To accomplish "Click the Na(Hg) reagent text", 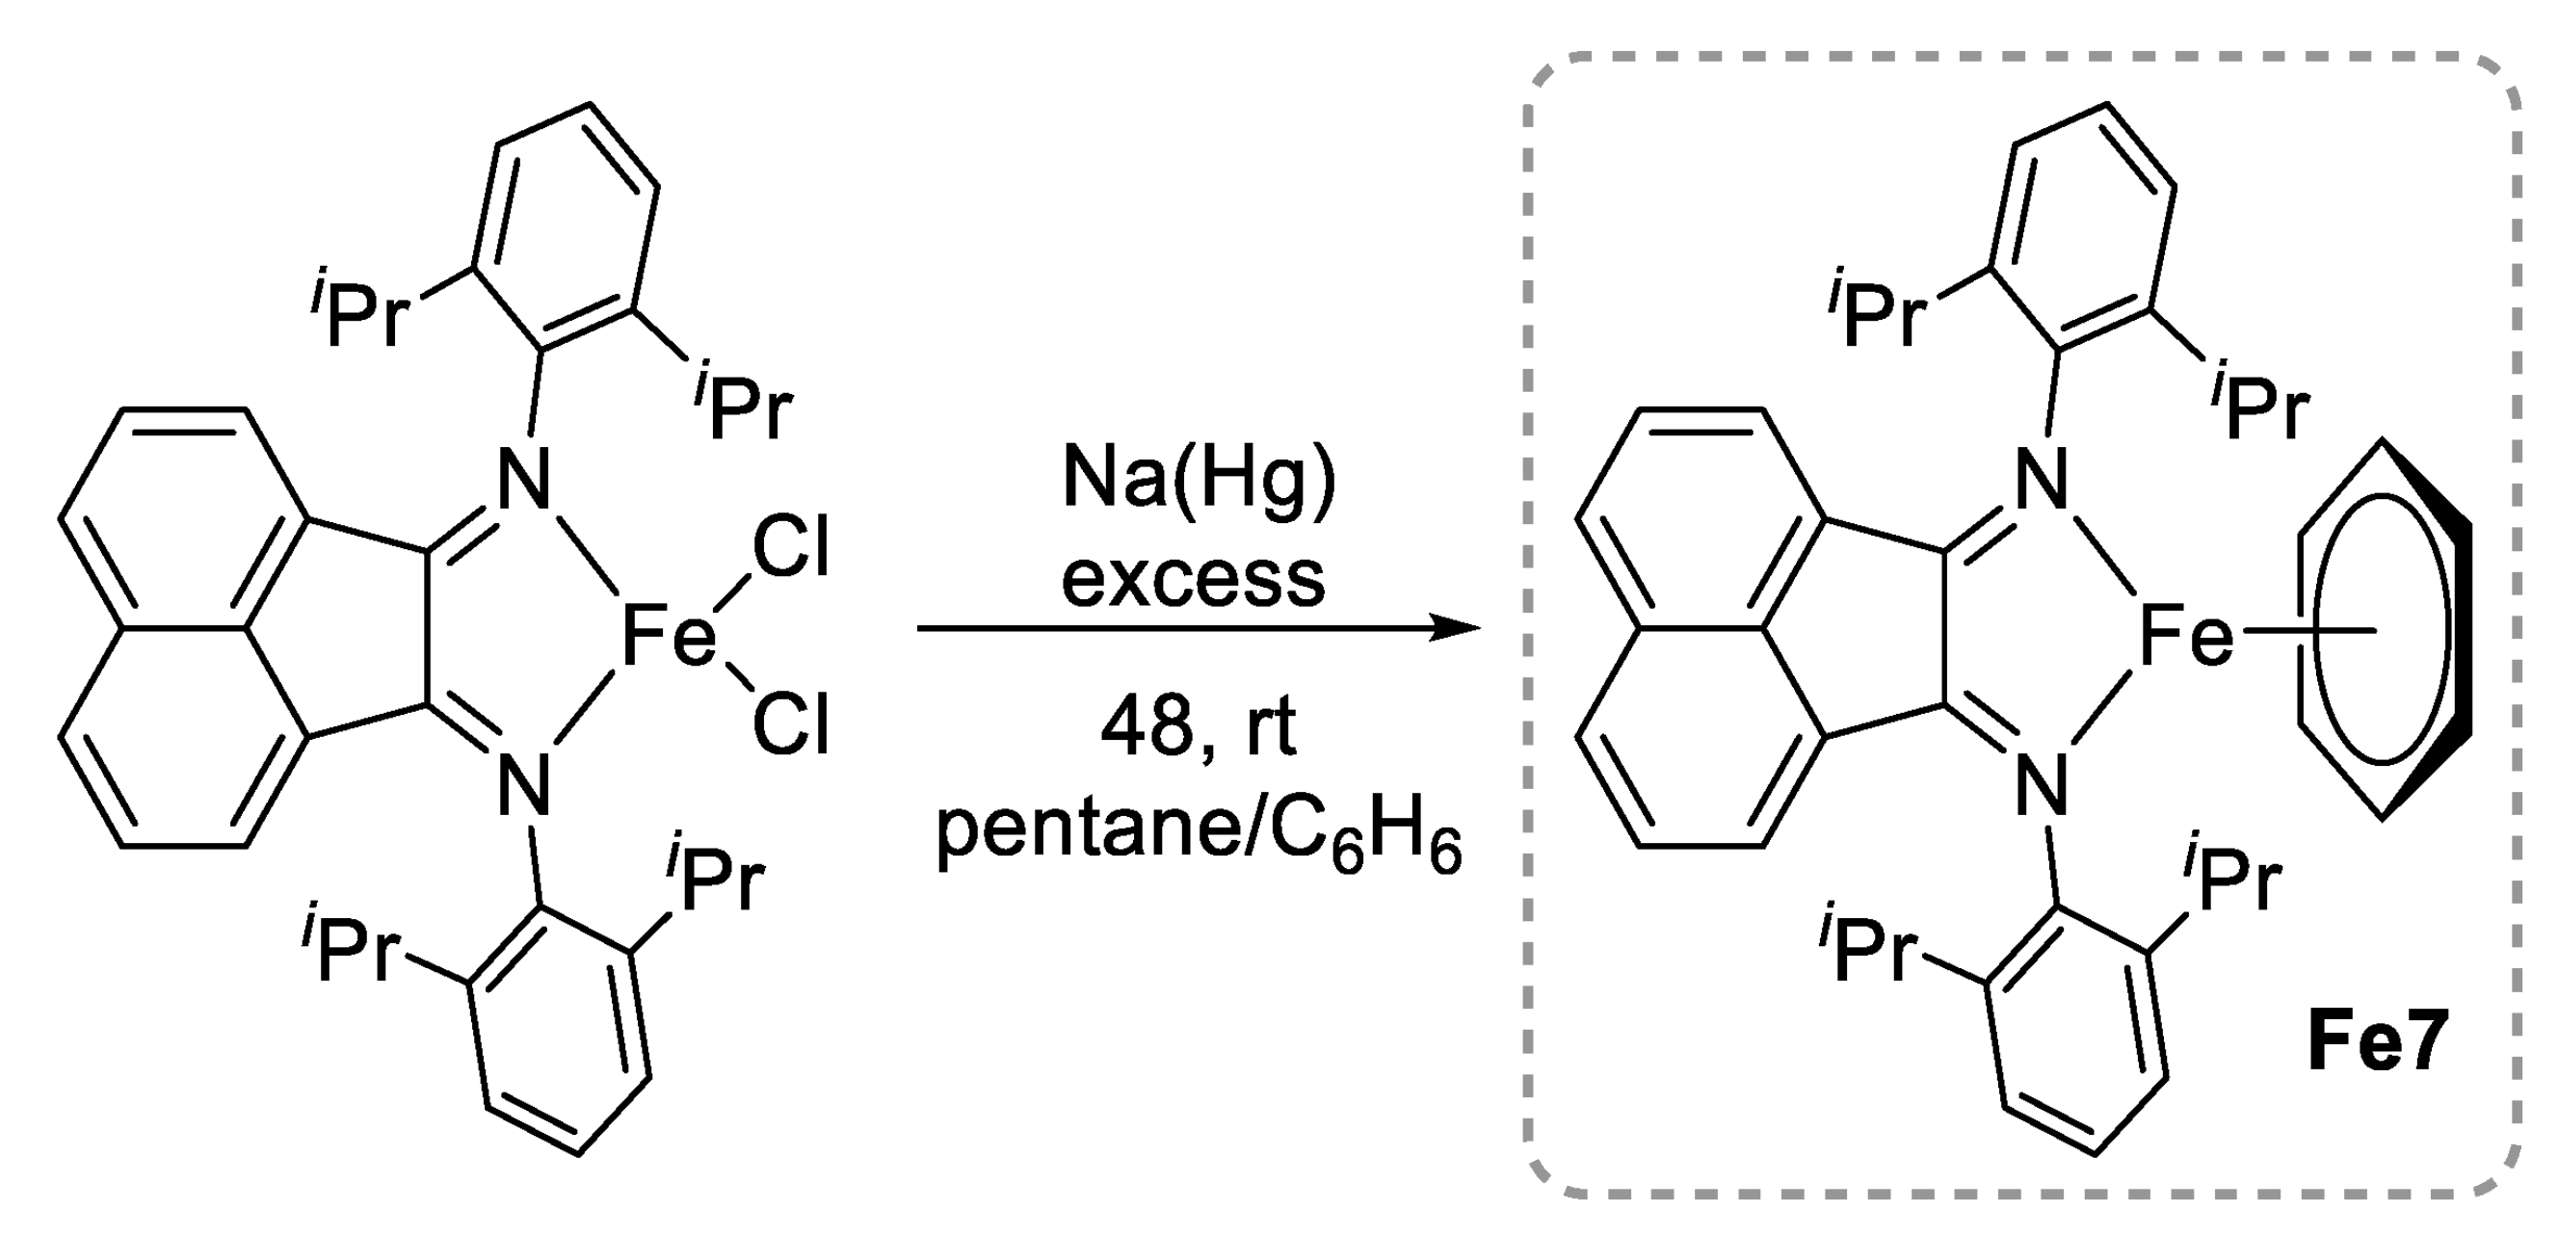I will pos(1199,481).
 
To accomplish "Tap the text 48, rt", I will pos(1198,728).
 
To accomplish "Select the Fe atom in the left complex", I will pos(669,636).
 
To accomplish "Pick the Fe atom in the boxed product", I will pos(2185,636).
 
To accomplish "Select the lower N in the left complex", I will pos(523,784).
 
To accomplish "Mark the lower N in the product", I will pos(2042,784).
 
